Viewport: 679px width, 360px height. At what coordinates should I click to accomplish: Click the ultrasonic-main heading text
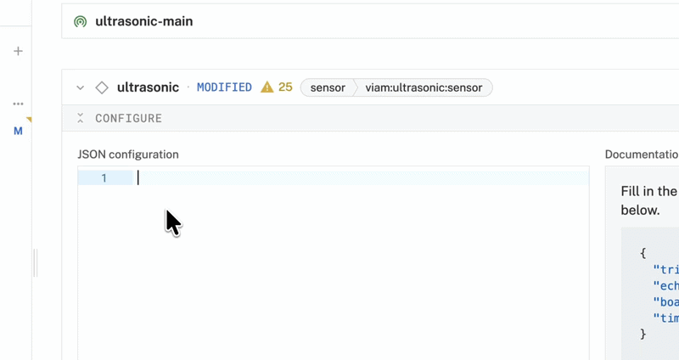pyautogui.click(x=143, y=21)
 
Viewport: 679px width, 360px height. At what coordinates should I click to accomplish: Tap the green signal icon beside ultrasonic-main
pyautogui.click(x=80, y=21)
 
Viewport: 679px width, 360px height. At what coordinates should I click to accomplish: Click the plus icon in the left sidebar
pyautogui.click(x=18, y=51)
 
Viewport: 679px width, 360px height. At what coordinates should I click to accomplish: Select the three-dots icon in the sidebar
pyautogui.click(x=18, y=104)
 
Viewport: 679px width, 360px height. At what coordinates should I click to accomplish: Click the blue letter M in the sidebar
pyautogui.click(x=18, y=131)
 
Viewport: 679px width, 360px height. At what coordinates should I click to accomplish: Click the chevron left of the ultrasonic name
pyautogui.click(x=81, y=87)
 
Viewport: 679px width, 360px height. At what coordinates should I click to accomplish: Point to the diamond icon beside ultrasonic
pyautogui.click(x=102, y=87)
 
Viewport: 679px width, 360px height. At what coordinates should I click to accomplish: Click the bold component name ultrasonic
pyautogui.click(x=148, y=87)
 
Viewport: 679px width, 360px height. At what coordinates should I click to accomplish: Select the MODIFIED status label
pyautogui.click(x=224, y=87)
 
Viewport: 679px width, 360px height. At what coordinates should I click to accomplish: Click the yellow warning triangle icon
pyautogui.click(x=267, y=87)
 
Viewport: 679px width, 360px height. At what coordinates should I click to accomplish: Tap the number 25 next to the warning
pyautogui.click(x=285, y=87)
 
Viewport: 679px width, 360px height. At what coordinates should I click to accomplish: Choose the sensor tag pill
pyautogui.click(x=328, y=87)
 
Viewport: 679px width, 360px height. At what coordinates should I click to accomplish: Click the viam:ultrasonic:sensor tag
pyautogui.click(x=424, y=87)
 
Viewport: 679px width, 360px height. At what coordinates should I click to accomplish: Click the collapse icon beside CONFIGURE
pyautogui.click(x=81, y=118)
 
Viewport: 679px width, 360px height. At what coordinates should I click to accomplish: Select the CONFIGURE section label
pyautogui.click(x=128, y=118)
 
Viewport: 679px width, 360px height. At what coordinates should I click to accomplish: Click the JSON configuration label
pyautogui.click(x=128, y=155)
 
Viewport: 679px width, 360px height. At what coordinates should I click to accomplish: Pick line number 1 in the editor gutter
pyautogui.click(x=104, y=178)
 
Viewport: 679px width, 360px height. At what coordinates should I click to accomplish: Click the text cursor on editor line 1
pyautogui.click(x=138, y=178)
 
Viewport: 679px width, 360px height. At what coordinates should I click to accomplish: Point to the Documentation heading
pyautogui.click(x=642, y=155)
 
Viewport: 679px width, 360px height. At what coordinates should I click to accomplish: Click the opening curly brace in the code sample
pyautogui.click(x=643, y=253)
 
